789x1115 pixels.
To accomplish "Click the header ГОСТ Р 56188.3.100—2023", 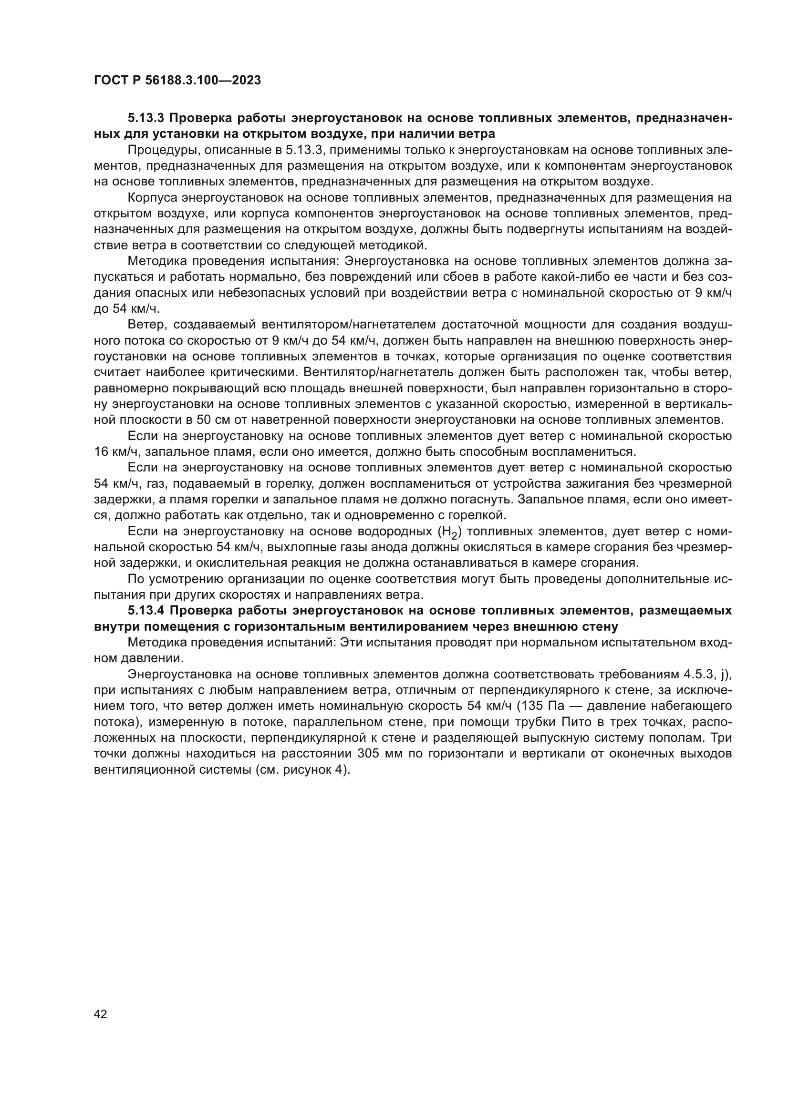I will [x=177, y=80].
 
